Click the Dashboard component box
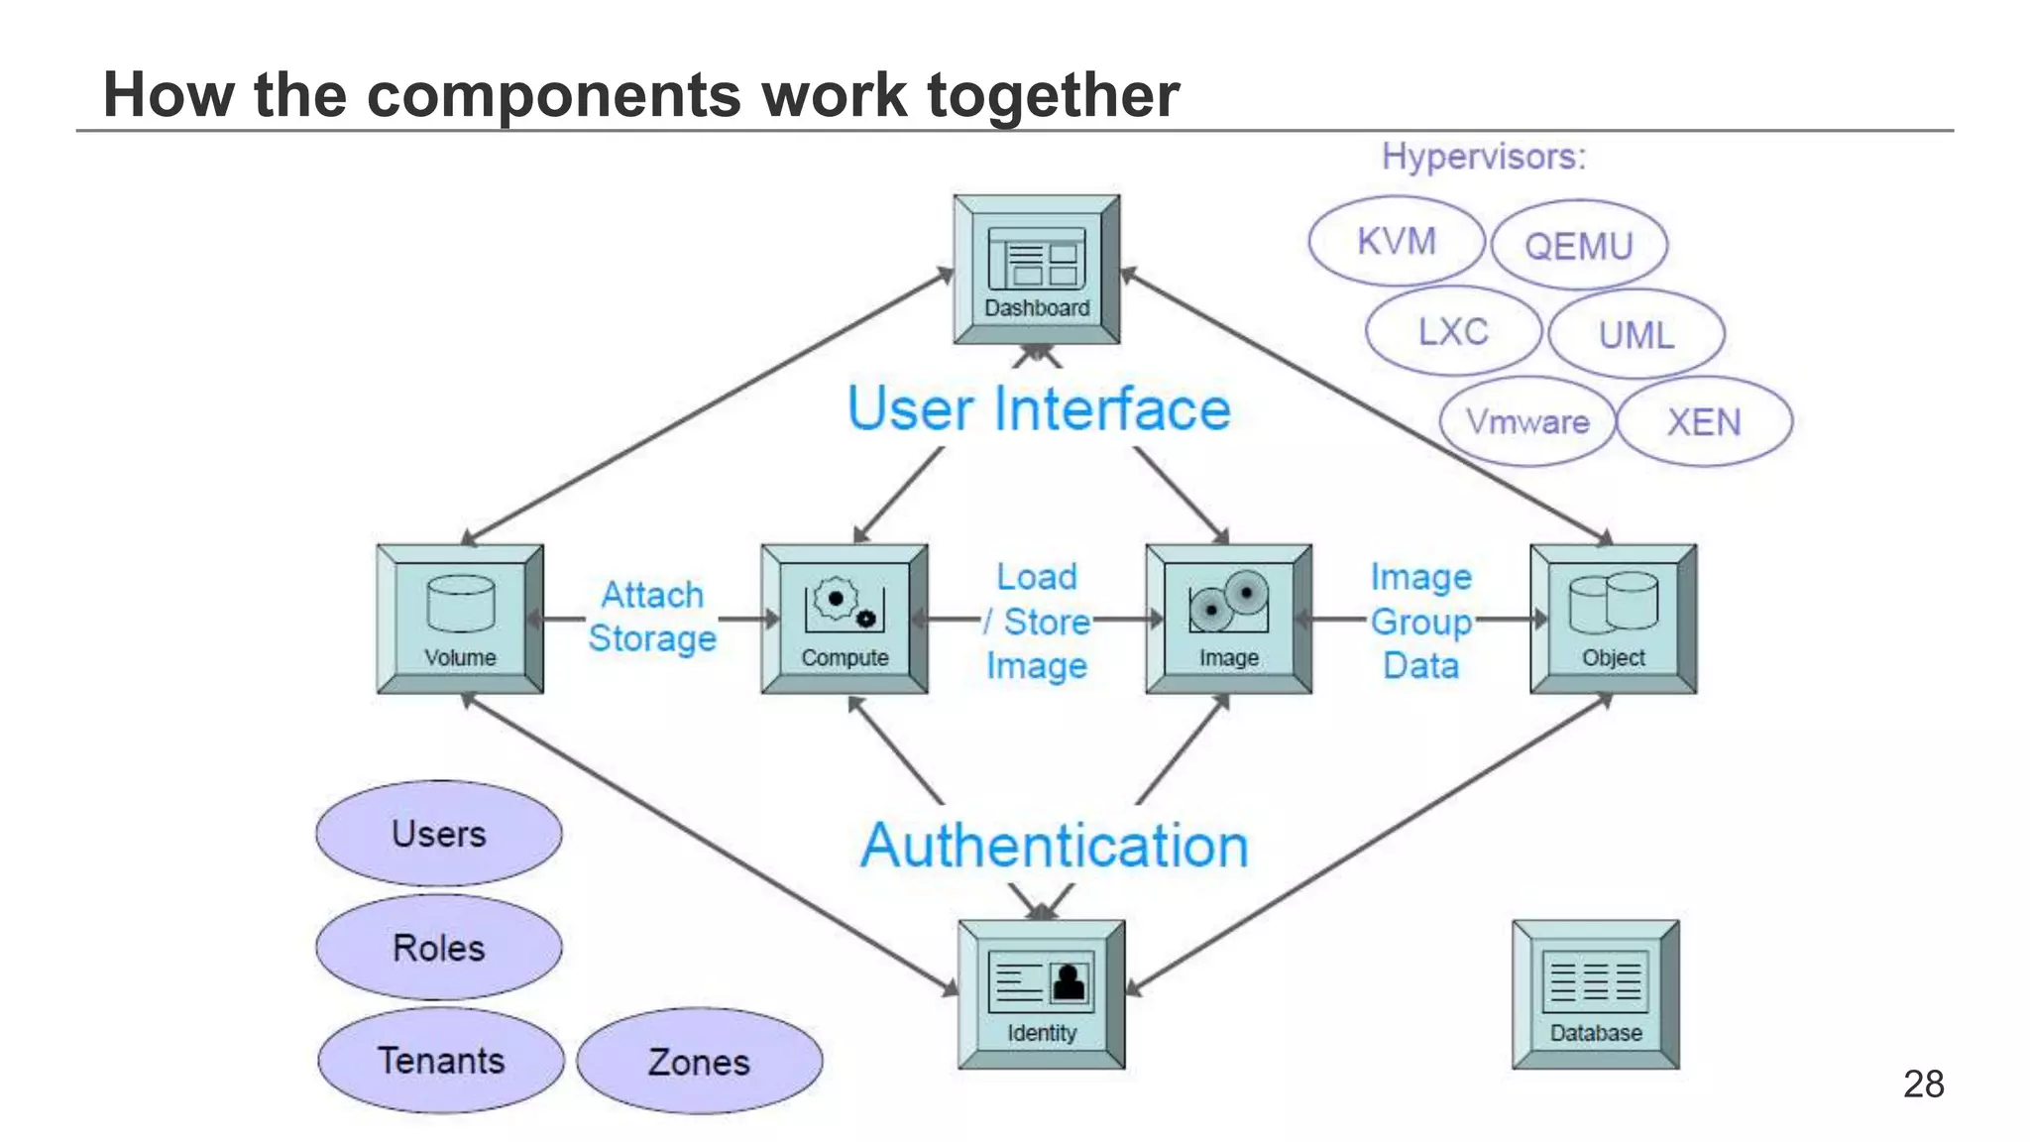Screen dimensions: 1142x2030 tap(1037, 270)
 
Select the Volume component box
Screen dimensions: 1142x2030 tap(460, 619)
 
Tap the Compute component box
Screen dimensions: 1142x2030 tap(845, 619)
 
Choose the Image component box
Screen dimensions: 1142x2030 tap(1229, 619)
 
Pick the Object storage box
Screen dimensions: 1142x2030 tap(1613, 619)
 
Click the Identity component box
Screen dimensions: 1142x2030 tap(1041, 994)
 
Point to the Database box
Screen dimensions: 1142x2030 tap(1595, 994)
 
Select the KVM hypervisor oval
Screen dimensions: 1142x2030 tap(1396, 241)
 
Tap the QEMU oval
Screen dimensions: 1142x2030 tap(1579, 245)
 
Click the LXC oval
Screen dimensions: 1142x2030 tap(1453, 331)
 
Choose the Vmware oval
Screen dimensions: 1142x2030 tap(1527, 421)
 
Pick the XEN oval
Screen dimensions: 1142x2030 tap(1704, 421)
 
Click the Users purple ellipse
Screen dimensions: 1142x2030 tap(439, 834)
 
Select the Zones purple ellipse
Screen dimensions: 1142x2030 tap(699, 1062)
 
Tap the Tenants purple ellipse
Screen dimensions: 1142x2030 tap(441, 1061)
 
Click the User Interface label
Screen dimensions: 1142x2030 tap(1039, 409)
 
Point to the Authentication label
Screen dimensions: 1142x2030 tap(1055, 846)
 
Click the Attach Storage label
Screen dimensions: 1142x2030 tap(652, 617)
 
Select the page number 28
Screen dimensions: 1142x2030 tap(1923, 1084)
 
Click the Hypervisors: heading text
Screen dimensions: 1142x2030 tap(1484, 157)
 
